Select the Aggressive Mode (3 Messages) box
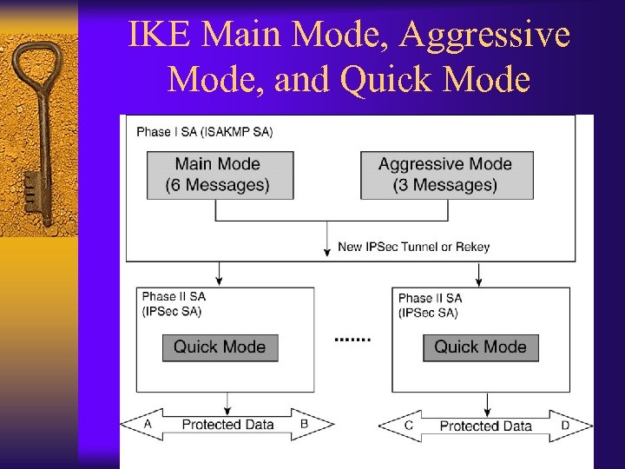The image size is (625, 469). tap(445, 175)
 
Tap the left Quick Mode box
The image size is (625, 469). tap(220, 347)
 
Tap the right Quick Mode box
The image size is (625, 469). tap(480, 347)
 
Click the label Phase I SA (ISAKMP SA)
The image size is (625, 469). tap(204, 132)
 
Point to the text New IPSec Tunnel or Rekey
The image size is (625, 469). tap(413, 247)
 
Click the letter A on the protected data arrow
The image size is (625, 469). tap(148, 424)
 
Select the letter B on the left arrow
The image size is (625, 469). tap(304, 424)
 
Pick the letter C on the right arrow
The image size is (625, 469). tap(408, 426)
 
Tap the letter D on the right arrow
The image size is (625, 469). tap(565, 426)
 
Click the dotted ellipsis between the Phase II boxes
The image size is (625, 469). tap(352, 339)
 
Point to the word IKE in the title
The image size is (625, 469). tap(157, 36)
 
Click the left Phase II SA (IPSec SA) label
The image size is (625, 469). tap(174, 303)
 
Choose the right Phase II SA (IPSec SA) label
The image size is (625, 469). tap(431, 305)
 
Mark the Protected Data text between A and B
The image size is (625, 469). tap(227, 425)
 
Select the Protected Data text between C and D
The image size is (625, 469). tap(485, 426)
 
